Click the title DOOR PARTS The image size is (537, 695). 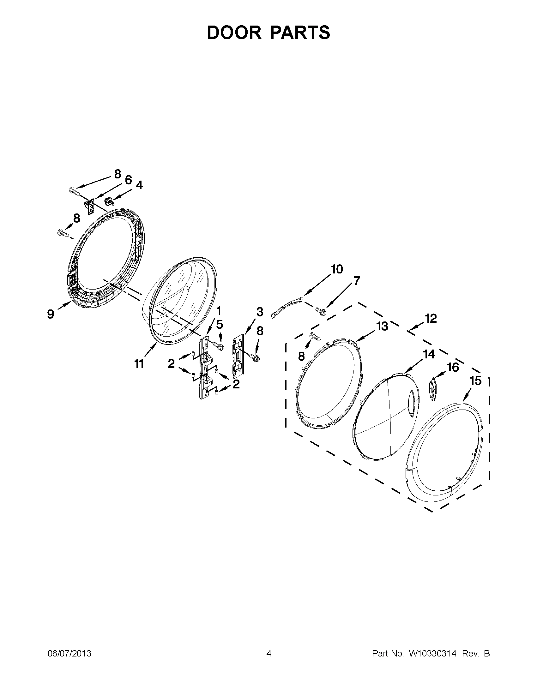tap(268, 33)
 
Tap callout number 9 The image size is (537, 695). tap(51, 314)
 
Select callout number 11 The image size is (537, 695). tap(139, 363)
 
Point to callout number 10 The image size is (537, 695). tap(337, 269)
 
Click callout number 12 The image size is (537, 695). tap(431, 318)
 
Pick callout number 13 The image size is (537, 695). tap(382, 326)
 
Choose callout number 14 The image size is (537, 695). tap(429, 354)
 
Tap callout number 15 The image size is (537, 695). tap(476, 380)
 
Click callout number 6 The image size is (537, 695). tap(128, 180)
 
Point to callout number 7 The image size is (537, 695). tap(357, 281)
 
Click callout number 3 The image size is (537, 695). tap(260, 312)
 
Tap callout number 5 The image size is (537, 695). tap(219, 324)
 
